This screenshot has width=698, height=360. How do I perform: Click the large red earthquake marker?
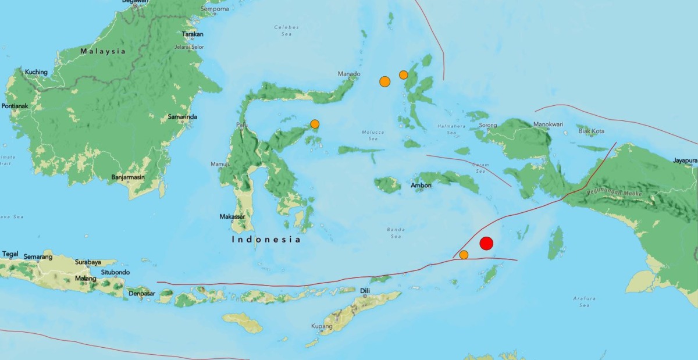(x=487, y=244)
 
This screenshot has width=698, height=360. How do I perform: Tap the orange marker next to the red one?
(x=464, y=255)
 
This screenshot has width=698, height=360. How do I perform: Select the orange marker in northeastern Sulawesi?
(x=315, y=124)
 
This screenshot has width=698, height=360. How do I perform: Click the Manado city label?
(x=349, y=74)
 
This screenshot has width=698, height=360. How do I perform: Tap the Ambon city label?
(x=421, y=186)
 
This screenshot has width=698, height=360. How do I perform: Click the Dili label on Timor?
(x=365, y=290)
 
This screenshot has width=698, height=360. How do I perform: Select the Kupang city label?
(x=322, y=326)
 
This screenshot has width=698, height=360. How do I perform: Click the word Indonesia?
(x=266, y=239)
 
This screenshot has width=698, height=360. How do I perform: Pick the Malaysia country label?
(x=103, y=51)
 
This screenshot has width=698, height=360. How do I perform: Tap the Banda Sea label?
(x=396, y=233)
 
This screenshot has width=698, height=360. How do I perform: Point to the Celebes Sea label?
(x=286, y=30)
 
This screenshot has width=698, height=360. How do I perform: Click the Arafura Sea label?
(x=583, y=301)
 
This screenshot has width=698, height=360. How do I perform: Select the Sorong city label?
(x=487, y=125)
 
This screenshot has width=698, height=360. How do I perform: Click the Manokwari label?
(x=549, y=124)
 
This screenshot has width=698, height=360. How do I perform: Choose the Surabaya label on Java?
(x=88, y=262)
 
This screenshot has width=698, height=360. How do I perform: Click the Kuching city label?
(x=35, y=72)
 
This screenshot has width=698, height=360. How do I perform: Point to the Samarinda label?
(x=182, y=117)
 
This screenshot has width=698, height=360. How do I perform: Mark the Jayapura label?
(x=685, y=160)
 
